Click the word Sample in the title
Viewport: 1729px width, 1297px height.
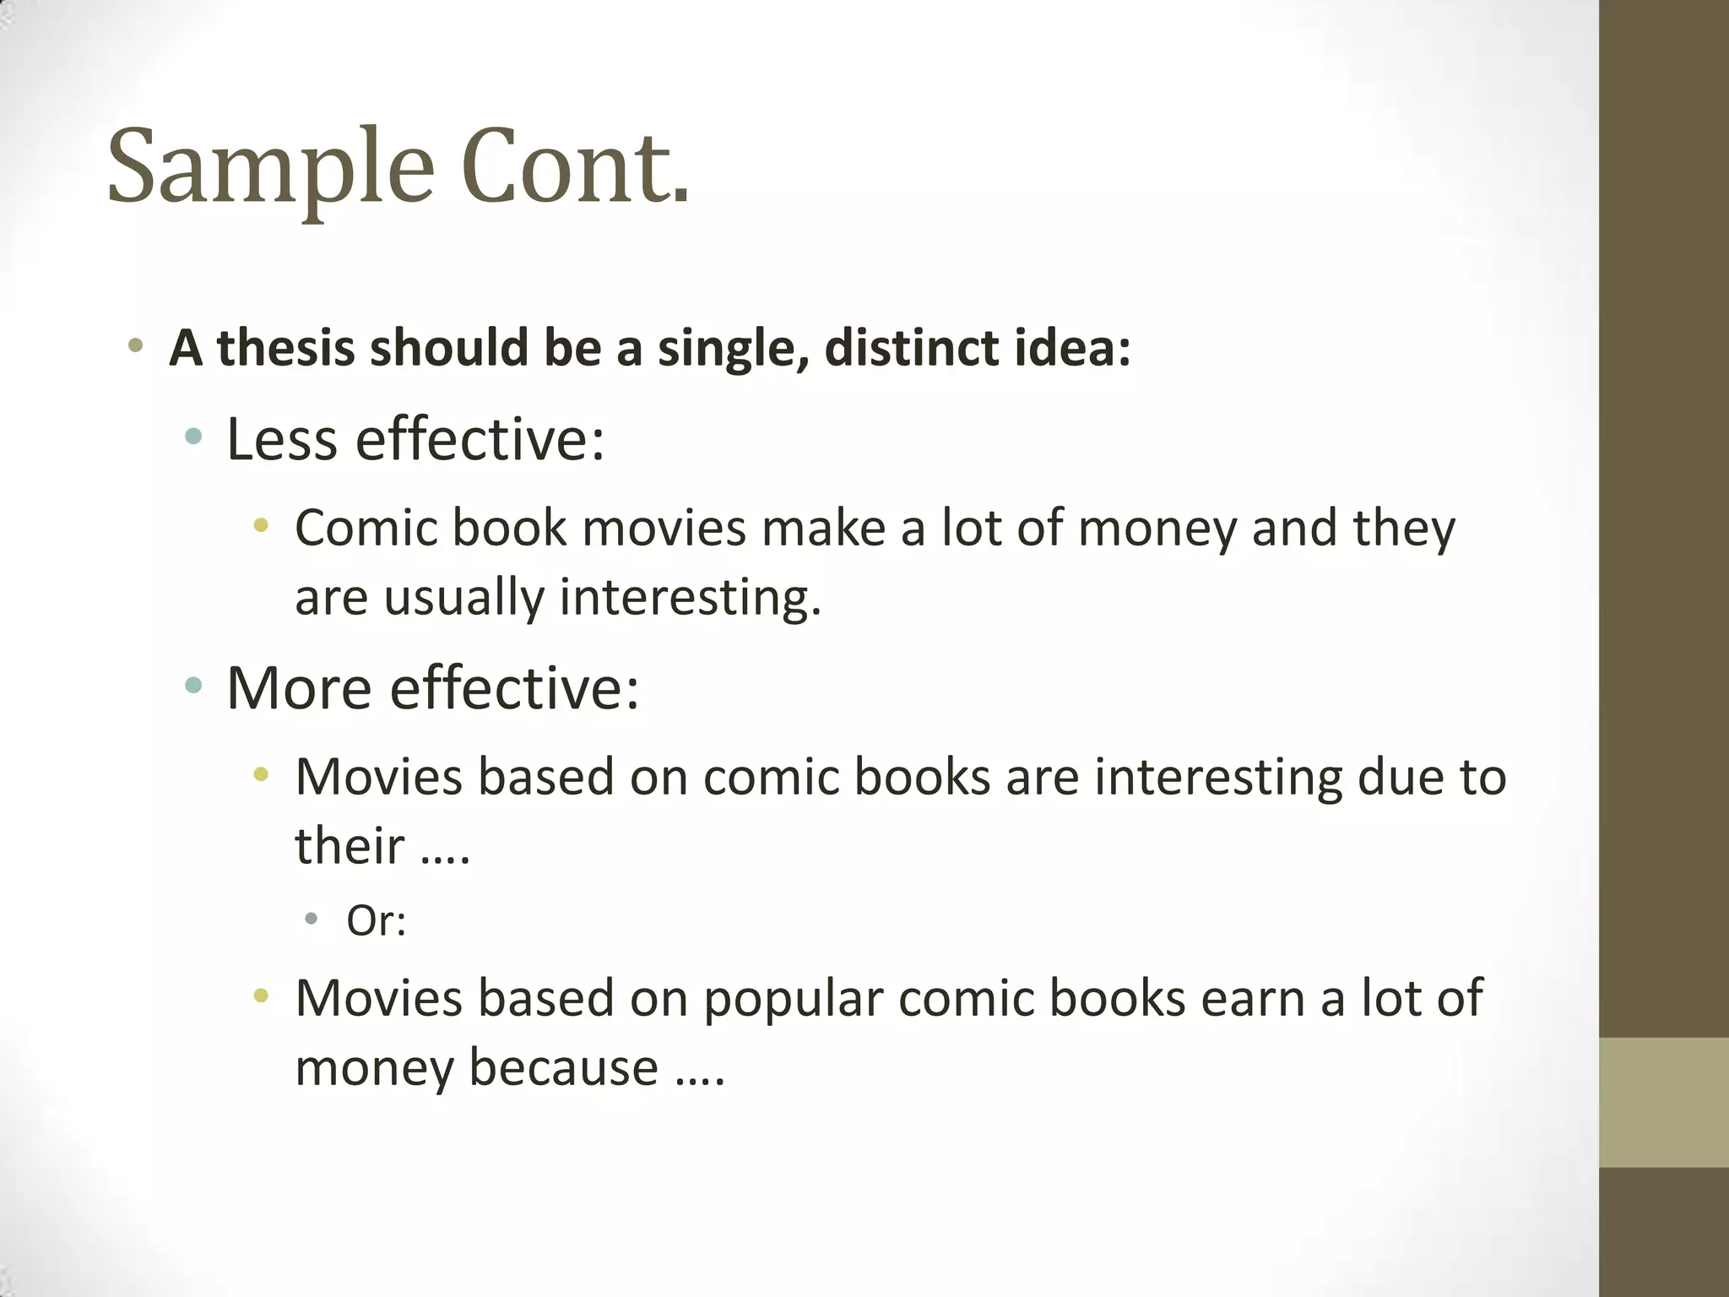(x=270, y=166)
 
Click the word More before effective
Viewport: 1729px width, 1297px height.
(x=299, y=687)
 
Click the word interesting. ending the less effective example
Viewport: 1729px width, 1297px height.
(x=690, y=598)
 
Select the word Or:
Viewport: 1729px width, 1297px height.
(x=377, y=920)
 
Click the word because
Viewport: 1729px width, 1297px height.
(x=563, y=1066)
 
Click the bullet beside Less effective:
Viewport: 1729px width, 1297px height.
(x=193, y=437)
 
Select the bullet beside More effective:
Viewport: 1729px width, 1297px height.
(x=193, y=685)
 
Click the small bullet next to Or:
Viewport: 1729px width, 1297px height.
(x=312, y=918)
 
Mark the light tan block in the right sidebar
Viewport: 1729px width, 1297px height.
(x=1663, y=1102)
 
